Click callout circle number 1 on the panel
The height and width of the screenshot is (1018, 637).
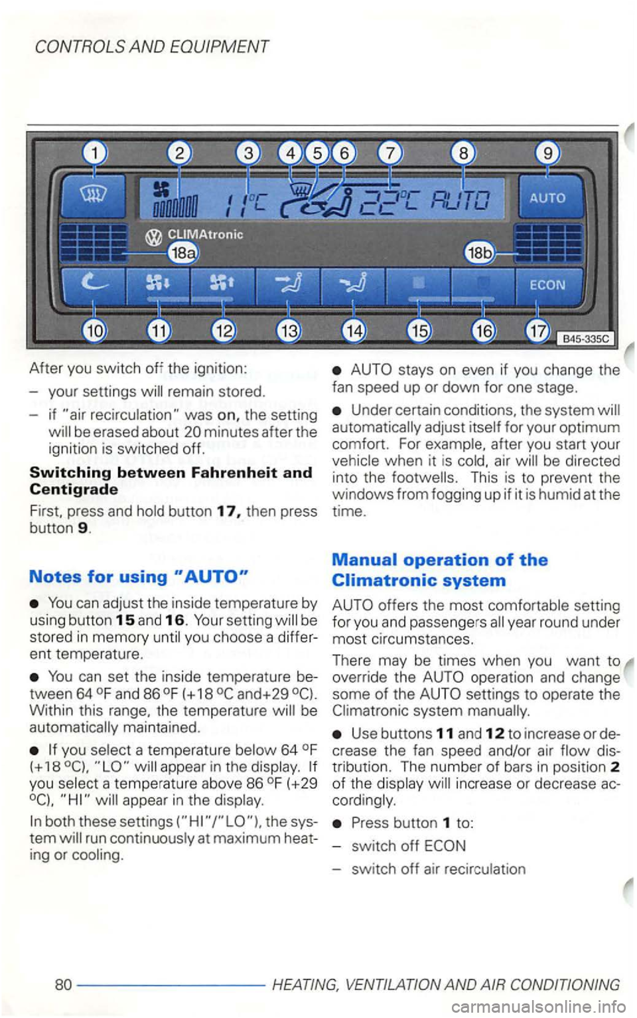(96, 154)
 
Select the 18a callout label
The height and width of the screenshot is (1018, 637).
(180, 253)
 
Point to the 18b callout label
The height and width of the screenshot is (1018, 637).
(476, 253)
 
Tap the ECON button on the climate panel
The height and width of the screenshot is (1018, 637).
(547, 286)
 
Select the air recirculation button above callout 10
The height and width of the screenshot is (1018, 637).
(92, 284)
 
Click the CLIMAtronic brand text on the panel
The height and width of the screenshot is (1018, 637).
(206, 234)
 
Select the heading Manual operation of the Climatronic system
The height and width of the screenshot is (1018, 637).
(440, 570)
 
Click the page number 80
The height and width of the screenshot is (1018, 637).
(63, 984)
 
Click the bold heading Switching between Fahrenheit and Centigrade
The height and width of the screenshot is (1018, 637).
(171, 481)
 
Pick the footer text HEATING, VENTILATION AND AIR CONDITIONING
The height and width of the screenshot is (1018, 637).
(446, 984)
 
